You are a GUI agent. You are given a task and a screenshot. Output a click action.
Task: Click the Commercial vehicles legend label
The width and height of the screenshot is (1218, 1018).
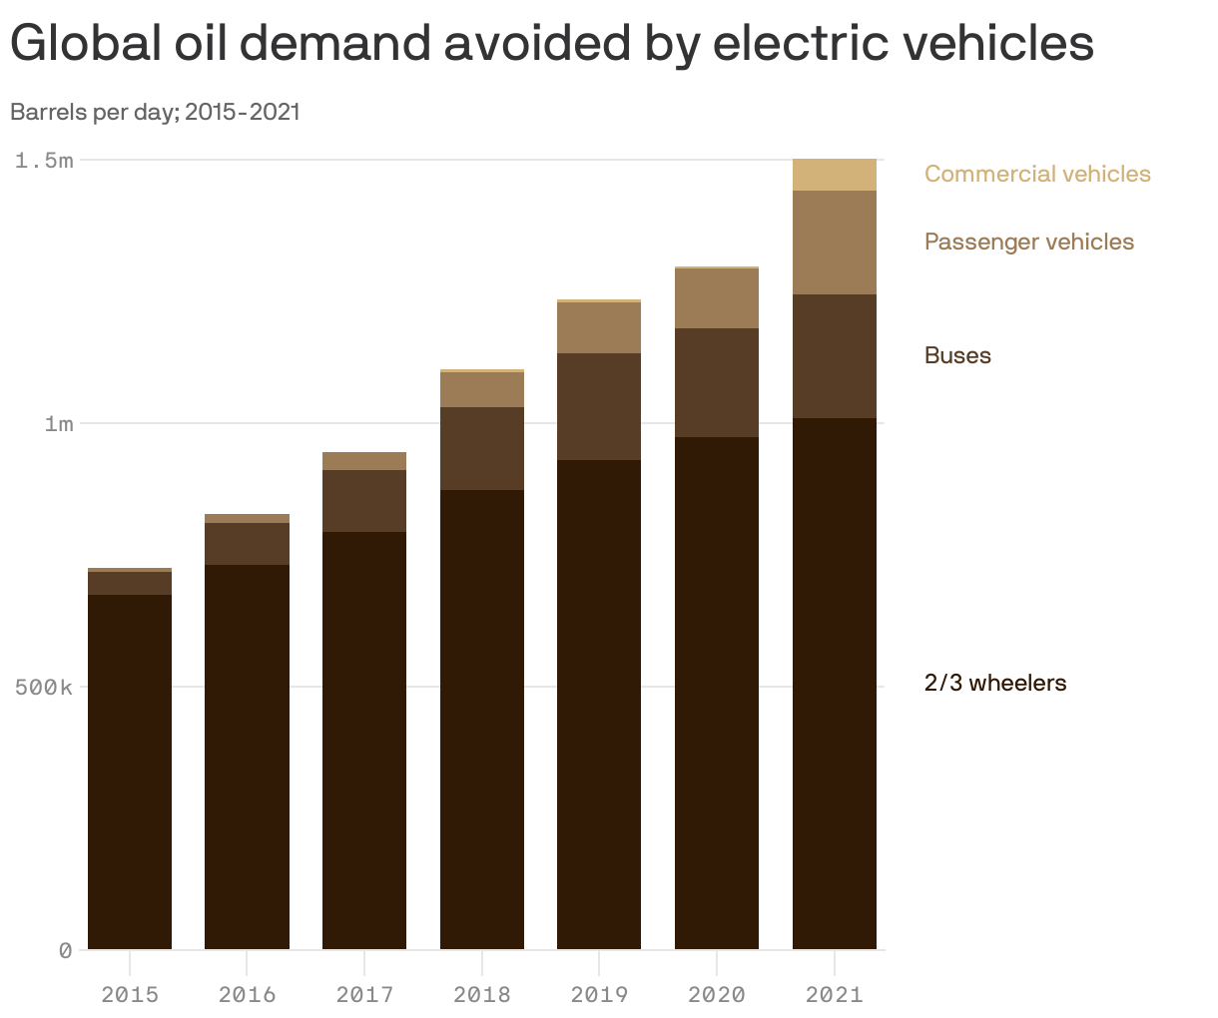coord(1037,174)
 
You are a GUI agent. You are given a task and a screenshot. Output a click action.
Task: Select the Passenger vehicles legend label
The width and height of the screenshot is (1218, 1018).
coord(1028,242)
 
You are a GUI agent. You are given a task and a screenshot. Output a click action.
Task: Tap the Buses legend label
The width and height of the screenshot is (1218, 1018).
coord(957,355)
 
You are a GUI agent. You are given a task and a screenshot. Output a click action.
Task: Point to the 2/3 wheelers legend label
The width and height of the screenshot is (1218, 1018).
coord(994,683)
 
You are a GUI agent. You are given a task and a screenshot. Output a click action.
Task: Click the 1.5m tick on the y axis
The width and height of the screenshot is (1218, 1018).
coord(44,160)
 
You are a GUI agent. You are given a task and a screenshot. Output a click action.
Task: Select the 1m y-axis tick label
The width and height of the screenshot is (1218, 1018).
coord(58,423)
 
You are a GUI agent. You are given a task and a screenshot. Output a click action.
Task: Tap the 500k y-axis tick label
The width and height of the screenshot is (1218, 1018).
coord(44,687)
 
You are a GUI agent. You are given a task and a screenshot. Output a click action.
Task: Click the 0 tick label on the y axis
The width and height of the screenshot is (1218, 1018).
coord(65,950)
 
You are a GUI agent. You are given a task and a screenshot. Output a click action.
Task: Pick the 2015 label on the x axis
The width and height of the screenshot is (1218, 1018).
coord(130,994)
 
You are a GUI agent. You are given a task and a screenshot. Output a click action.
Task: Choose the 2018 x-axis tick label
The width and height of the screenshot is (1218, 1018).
coord(482,994)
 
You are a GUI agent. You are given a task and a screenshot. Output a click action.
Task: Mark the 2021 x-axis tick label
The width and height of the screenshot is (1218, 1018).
coord(834,994)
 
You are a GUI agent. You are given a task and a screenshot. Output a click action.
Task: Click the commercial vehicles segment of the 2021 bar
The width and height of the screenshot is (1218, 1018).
coord(834,175)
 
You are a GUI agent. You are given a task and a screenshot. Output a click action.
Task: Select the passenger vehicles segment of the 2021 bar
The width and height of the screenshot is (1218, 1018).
coord(834,243)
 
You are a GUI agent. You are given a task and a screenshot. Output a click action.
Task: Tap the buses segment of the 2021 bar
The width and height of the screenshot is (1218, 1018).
coord(834,356)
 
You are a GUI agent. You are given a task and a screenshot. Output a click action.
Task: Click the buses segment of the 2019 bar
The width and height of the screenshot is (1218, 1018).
coord(599,406)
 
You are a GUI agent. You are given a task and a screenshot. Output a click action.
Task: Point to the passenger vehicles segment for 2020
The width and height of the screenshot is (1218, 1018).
coord(717,298)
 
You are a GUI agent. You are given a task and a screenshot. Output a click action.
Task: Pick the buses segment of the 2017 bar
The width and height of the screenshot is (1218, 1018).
coord(364,501)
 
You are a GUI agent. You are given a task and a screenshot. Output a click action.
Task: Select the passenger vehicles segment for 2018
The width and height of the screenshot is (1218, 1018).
coord(482,389)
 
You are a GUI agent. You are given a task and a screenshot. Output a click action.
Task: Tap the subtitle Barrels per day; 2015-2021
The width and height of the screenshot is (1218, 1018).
coord(155,112)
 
